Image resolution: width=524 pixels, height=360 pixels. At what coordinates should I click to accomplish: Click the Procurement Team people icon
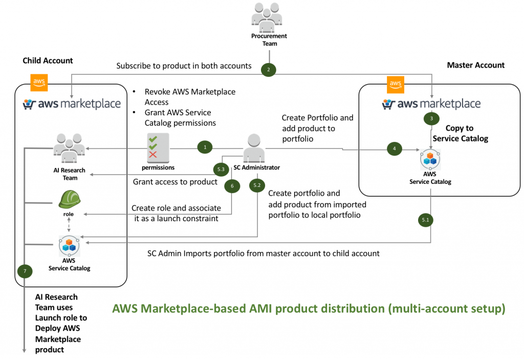pyautogui.click(x=267, y=17)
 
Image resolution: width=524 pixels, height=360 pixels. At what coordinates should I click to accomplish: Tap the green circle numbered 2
pyautogui.click(x=268, y=70)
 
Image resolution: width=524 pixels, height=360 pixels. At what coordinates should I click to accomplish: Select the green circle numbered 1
pyautogui.click(x=205, y=147)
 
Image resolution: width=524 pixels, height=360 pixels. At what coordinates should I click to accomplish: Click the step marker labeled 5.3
pyautogui.click(x=221, y=170)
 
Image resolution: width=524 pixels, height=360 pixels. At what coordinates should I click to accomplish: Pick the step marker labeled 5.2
pyautogui.click(x=257, y=185)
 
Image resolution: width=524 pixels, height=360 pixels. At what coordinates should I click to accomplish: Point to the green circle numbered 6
pyautogui.click(x=232, y=186)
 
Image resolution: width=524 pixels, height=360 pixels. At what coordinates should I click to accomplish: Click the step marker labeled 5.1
pyautogui.click(x=425, y=220)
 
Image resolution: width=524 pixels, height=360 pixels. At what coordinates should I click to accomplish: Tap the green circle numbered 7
pyautogui.click(x=25, y=271)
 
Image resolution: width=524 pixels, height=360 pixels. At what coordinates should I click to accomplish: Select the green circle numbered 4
pyautogui.click(x=395, y=149)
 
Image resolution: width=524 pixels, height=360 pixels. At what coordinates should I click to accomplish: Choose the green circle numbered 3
pyautogui.click(x=431, y=118)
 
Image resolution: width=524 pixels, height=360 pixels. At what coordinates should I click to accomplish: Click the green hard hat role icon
pyautogui.click(x=70, y=199)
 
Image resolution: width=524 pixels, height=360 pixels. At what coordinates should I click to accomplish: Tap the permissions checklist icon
pyautogui.click(x=158, y=148)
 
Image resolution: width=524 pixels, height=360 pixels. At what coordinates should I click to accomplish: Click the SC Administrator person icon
pyautogui.click(x=254, y=148)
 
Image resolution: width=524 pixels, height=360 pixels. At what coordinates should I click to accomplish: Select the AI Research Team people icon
pyautogui.click(x=69, y=148)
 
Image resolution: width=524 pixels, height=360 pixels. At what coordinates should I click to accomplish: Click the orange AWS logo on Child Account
pyautogui.click(x=39, y=82)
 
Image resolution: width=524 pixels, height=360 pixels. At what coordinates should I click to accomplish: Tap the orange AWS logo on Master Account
pyautogui.click(x=396, y=84)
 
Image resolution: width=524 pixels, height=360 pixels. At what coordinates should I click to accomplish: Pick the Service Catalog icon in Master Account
pyautogui.click(x=430, y=159)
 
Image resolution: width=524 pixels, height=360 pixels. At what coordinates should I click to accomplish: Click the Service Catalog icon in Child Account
pyautogui.click(x=69, y=246)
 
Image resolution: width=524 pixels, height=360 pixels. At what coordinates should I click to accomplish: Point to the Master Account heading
pyautogui.click(x=476, y=65)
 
